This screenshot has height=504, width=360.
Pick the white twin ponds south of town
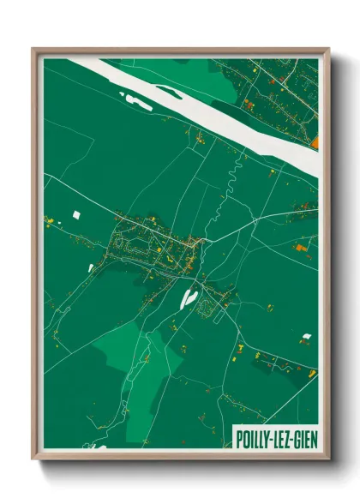(189, 297)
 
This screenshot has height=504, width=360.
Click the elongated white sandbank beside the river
(137, 104)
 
